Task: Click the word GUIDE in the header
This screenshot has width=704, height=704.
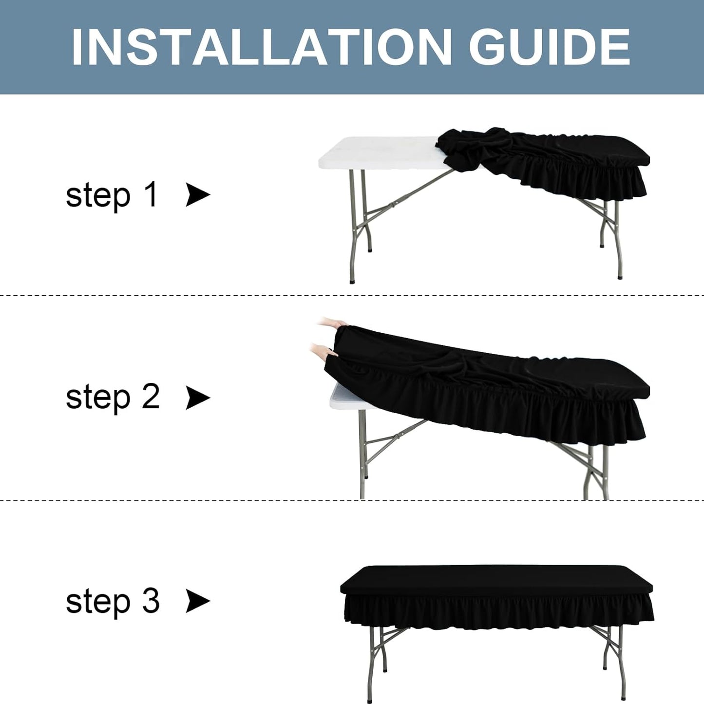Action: [x=549, y=47]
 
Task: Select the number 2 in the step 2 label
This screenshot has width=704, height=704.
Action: [x=151, y=397]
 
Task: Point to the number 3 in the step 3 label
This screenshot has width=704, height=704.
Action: [x=151, y=601]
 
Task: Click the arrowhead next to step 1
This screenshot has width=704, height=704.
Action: [x=198, y=195]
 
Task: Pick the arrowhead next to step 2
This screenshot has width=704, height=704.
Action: [x=198, y=398]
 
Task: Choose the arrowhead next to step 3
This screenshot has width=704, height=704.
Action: [x=198, y=601]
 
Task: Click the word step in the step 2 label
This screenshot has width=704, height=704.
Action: [x=98, y=400]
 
